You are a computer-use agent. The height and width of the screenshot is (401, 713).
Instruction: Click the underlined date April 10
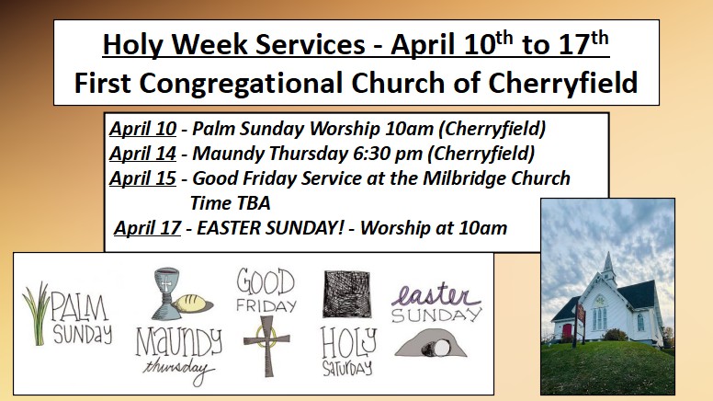pyautogui.click(x=142, y=129)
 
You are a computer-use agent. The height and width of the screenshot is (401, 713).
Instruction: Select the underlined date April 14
pyautogui.click(x=142, y=154)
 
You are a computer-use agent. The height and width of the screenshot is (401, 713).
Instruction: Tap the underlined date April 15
pyautogui.click(x=142, y=178)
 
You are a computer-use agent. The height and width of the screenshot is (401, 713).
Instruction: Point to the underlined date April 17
pyautogui.click(x=147, y=228)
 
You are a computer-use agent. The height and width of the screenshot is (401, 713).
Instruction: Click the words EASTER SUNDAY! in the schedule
pyautogui.click(x=270, y=228)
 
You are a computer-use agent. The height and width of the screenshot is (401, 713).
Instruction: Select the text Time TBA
pyautogui.click(x=230, y=203)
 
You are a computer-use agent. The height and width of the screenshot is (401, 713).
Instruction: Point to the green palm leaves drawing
pyautogui.click(x=37, y=313)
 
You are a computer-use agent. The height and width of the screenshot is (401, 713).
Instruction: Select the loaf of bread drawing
pyautogui.click(x=194, y=304)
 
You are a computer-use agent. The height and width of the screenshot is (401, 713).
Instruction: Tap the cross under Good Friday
pyautogui.click(x=266, y=346)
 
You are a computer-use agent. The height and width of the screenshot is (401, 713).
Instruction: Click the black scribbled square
pyautogui.click(x=347, y=293)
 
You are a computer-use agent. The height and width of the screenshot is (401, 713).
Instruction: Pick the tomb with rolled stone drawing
pyautogui.click(x=431, y=343)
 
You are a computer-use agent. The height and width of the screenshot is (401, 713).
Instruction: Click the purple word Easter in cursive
pyautogui.click(x=436, y=294)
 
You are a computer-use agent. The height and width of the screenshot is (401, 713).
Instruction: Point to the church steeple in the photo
pyautogui.click(x=608, y=268)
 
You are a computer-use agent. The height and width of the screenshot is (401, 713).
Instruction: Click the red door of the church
pyautogui.click(x=567, y=330)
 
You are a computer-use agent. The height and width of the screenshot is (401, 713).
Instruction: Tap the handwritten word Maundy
pyautogui.click(x=179, y=342)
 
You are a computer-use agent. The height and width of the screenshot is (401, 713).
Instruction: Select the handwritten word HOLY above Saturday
pyautogui.click(x=349, y=343)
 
